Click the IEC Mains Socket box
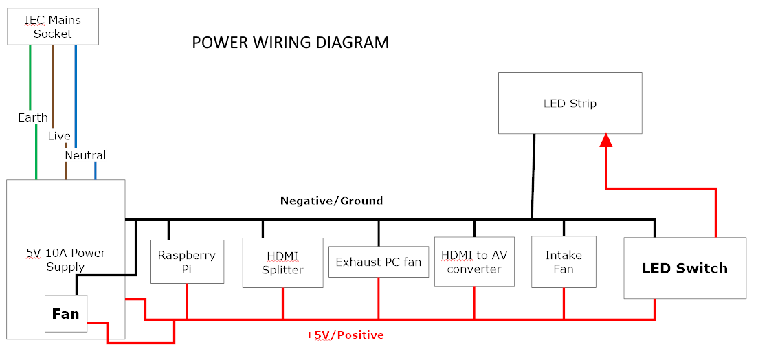point(52,27)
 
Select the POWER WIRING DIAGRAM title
point(290,43)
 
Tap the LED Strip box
point(570,103)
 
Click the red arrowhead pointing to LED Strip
point(605,140)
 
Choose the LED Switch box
point(684,268)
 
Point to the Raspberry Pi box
point(187,262)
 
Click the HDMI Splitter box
point(282,262)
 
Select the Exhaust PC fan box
point(378,262)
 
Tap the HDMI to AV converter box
point(473,262)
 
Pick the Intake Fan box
point(564,262)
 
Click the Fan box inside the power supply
point(66,314)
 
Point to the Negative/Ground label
point(331,201)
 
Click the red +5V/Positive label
point(344,335)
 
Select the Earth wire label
point(33,117)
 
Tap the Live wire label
point(59,136)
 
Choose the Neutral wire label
point(85,155)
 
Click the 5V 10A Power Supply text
point(65,260)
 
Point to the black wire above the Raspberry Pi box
point(168,229)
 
